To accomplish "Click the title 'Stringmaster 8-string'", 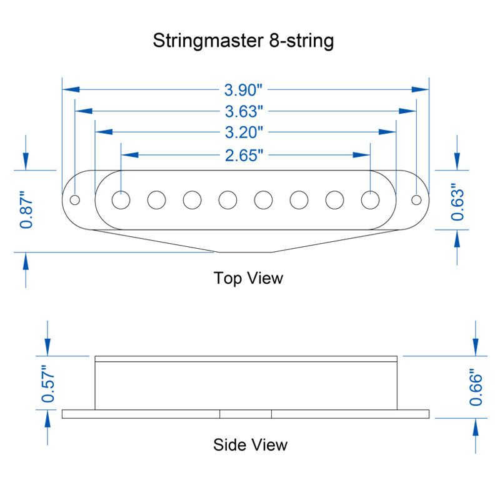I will pyautogui.click(x=244, y=41).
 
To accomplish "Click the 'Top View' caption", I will pyautogui.click(x=248, y=277).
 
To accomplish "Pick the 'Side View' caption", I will pyautogui.click(x=250, y=445).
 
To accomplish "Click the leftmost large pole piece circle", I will pyautogui.click(x=121, y=199).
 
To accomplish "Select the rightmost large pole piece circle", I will pyautogui.click(x=371, y=199).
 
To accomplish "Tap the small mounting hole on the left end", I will pyautogui.click(x=75, y=200).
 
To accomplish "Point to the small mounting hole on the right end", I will pyautogui.click(x=416, y=200).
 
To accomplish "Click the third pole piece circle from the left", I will pyautogui.click(x=192, y=199).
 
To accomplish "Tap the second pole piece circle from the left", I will pyautogui.click(x=157, y=199).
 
